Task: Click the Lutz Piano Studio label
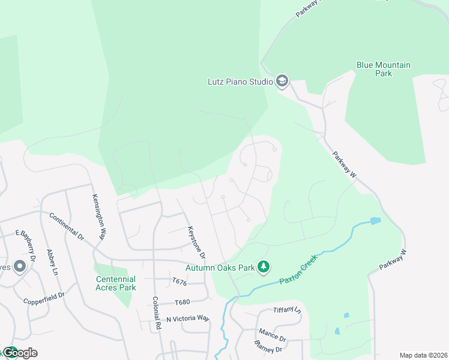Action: tap(240, 81)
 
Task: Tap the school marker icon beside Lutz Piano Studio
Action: tap(282, 81)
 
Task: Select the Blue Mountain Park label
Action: tap(383, 69)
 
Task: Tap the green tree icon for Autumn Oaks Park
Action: tap(263, 266)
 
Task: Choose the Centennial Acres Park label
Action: tap(116, 283)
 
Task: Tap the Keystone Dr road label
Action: tap(196, 242)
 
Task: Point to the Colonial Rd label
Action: tap(157, 312)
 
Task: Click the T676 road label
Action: tap(180, 281)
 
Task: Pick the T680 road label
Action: tap(182, 302)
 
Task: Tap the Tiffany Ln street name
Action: tap(286, 310)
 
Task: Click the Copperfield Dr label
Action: tap(44, 299)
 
